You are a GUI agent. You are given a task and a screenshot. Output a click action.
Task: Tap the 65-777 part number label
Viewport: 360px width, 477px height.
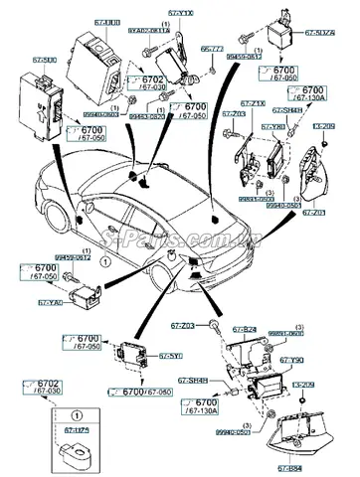(211, 48)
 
